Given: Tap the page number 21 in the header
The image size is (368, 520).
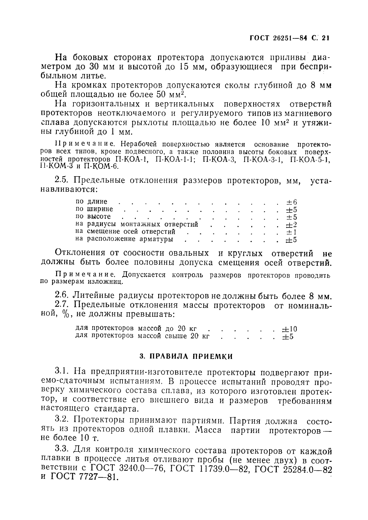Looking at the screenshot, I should pos(325,38).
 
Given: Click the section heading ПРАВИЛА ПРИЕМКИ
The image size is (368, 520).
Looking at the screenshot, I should pos(186,356).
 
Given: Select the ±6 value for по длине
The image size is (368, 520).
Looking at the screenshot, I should pos(291,202).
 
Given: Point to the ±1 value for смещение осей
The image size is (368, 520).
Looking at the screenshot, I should pos(291,232).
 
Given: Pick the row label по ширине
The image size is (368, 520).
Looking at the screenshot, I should pos(94,209).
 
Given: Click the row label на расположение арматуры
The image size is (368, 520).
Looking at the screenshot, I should pos(124,239).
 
